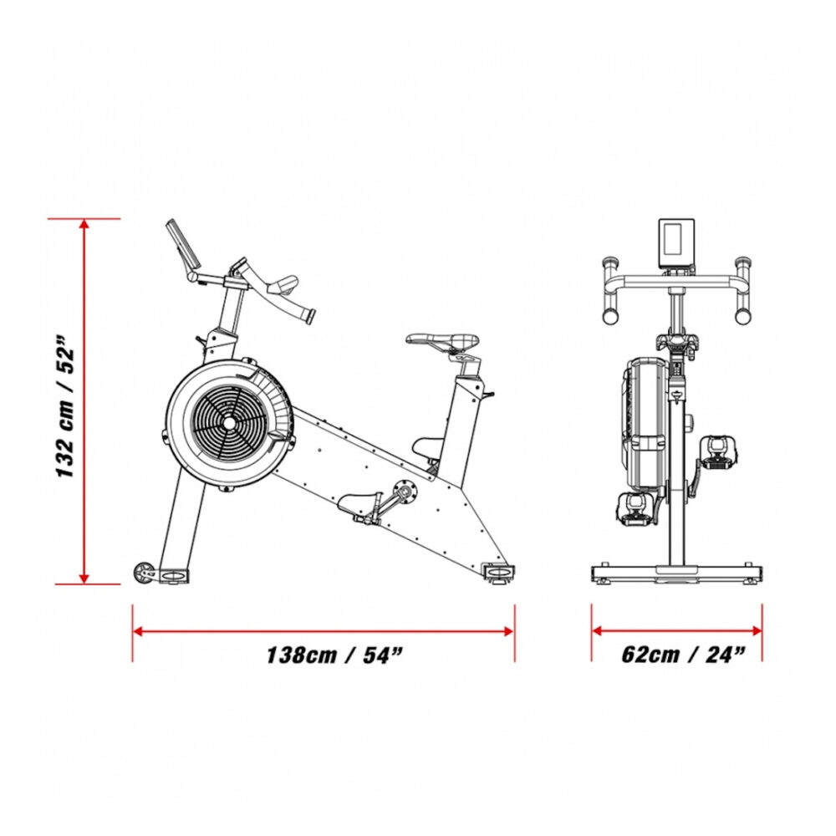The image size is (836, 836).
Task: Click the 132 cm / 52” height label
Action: pyautogui.click(x=64, y=406)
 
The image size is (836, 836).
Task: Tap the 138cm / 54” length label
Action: pyautogui.click(x=334, y=655)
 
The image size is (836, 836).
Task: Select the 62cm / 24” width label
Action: pyautogui.click(x=683, y=654)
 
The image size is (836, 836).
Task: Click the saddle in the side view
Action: pyautogui.click(x=442, y=340)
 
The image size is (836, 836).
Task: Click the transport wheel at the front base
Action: pyautogui.click(x=143, y=572)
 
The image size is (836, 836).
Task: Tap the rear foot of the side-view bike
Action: pyautogui.click(x=499, y=573)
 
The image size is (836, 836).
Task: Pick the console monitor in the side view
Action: pyautogui.click(x=183, y=244)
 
